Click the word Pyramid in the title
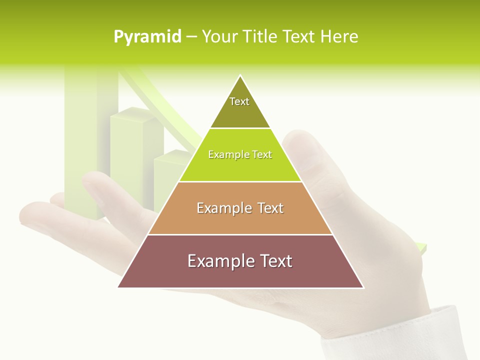point(147,37)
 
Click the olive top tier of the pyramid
point(240,112)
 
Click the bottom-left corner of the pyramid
point(119,287)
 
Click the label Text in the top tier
point(239,101)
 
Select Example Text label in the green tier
point(240,154)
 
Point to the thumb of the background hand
point(305,150)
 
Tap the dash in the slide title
point(191,37)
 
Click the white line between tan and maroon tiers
point(240,234)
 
